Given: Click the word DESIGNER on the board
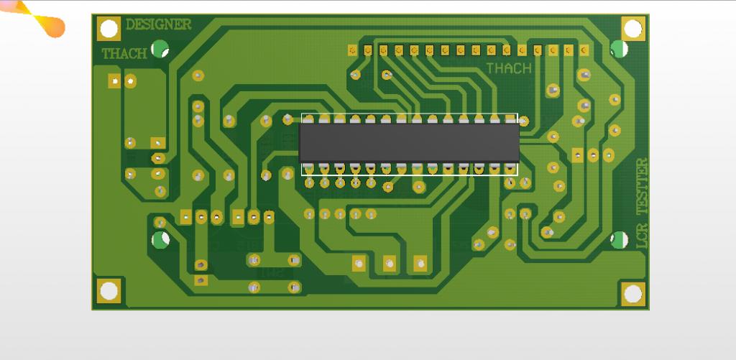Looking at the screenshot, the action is click(159, 24).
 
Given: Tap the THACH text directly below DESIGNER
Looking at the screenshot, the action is click(124, 54).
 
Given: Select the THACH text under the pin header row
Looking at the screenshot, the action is click(509, 68).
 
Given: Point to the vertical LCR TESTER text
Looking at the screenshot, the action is click(642, 203).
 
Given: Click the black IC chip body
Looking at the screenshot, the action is click(409, 143).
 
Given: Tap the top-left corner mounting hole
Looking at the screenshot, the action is click(109, 29).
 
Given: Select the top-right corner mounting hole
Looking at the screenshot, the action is click(633, 29).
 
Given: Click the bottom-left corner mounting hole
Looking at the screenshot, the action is click(109, 291).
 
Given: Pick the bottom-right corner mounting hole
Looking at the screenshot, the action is click(633, 294).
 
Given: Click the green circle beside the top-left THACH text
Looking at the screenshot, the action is click(160, 49).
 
